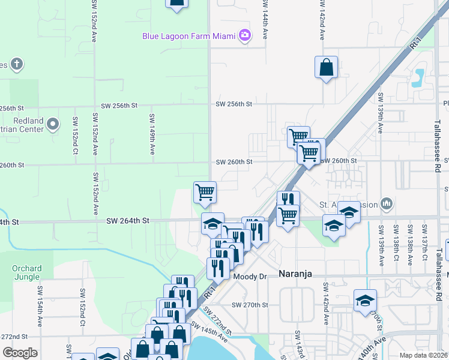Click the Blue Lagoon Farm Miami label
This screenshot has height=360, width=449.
point(188,36)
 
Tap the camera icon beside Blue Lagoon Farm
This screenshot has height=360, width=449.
point(244,35)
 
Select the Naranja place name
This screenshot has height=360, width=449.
point(297,274)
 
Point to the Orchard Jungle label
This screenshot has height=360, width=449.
point(27,273)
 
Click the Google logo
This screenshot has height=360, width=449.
point(20,353)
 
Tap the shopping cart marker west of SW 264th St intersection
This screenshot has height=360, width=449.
point(205,192)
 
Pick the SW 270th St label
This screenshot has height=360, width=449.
point(250,305)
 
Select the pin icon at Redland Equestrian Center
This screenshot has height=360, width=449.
point(53,125)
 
